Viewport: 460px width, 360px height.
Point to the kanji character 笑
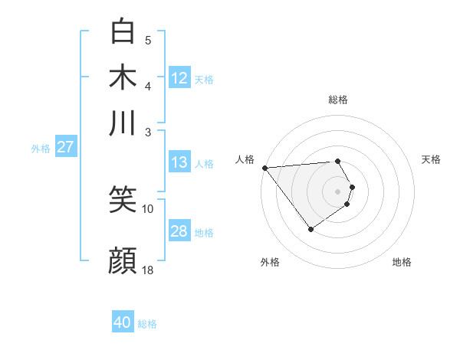(x=123, y=200)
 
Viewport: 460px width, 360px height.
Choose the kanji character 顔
(x=123, y=260)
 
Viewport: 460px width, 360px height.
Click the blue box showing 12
(x=179, y=78)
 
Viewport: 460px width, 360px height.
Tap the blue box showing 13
(x=179, y=162)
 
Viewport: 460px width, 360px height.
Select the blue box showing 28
(x=179, y=231)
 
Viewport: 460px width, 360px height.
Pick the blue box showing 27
(x=65, y=147)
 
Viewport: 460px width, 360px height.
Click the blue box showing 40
(x=123, y=322)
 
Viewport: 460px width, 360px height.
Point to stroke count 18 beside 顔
(x=148, y=270)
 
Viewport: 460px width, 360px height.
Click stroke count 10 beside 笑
(x=148, y=208)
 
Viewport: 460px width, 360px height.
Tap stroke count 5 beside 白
(x=148, y=40)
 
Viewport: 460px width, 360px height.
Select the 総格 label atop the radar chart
(x=337, y=100)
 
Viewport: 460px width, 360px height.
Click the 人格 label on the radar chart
(x=245, y=159)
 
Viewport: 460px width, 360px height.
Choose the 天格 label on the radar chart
(x=431, y=159)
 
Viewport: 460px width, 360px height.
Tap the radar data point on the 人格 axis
(x=264, y=167)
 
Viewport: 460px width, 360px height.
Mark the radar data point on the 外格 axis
(x=310, y=229)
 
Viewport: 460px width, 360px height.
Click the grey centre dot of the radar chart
(x=337, y=191)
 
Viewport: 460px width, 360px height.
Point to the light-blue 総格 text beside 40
(x=147, y=324)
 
